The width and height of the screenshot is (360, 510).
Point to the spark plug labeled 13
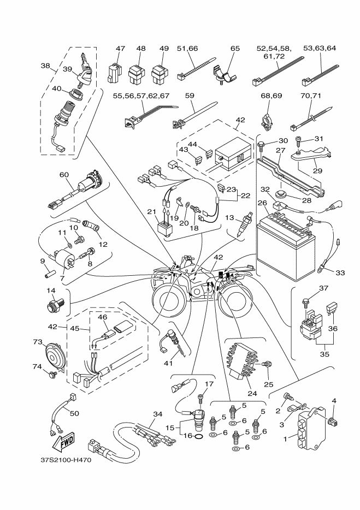[244, 228]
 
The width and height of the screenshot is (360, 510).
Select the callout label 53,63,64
[320, 48]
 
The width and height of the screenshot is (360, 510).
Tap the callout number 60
[65, 174]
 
